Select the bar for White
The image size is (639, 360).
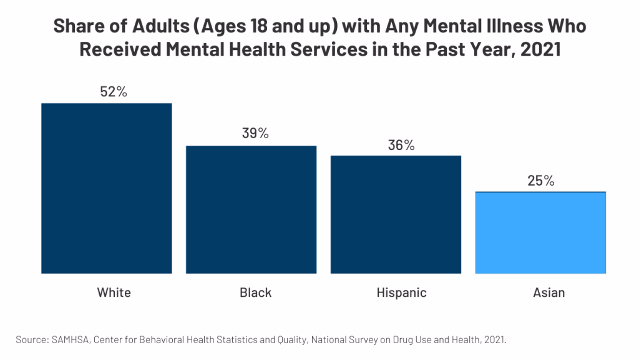coord(106,187)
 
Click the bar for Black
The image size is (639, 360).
coord(251,209)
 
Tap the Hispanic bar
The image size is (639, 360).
coord(396,214)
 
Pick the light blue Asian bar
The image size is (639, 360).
coord(540,232)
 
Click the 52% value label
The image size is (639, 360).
coord(114,91)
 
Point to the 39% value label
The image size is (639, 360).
coord(255,133)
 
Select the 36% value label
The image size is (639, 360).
coord(401,145)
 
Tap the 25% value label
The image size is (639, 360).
coord(540,181)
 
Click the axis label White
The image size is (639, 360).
coord(114,292)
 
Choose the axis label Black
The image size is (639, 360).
coord(255,292)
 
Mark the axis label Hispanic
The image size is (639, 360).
coord(401,292)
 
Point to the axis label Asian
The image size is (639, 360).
coord(549,292)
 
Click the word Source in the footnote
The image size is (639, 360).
coord(31,339)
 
